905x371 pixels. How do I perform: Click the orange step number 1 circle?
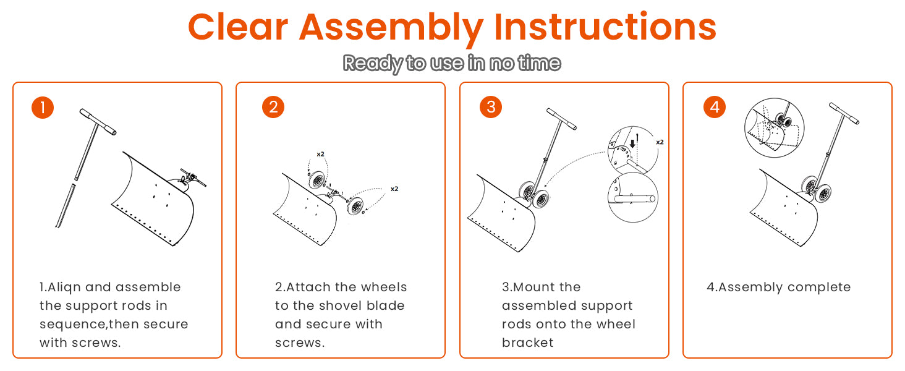[43, 108]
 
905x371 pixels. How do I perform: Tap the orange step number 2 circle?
[273, 107]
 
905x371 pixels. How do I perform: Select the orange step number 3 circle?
[491, 107]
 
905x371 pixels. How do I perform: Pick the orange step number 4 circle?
[715, 107]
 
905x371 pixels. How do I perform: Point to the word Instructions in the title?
[605, 27]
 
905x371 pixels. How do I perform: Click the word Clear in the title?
[238, 27]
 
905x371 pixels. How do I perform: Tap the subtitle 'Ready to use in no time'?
[452, 64]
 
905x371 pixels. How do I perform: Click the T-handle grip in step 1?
[98, 122]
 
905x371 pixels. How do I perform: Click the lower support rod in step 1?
[66, 206]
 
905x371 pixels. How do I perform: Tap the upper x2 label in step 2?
[320, 154]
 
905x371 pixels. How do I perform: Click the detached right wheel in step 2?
[355, 206]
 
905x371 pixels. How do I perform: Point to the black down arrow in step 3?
[632, 143]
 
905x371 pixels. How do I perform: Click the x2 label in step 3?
[660, 142]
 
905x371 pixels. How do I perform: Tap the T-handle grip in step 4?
[844, 113]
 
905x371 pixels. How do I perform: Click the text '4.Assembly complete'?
[778, 287]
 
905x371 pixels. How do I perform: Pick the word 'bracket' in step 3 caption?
[528, 343]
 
